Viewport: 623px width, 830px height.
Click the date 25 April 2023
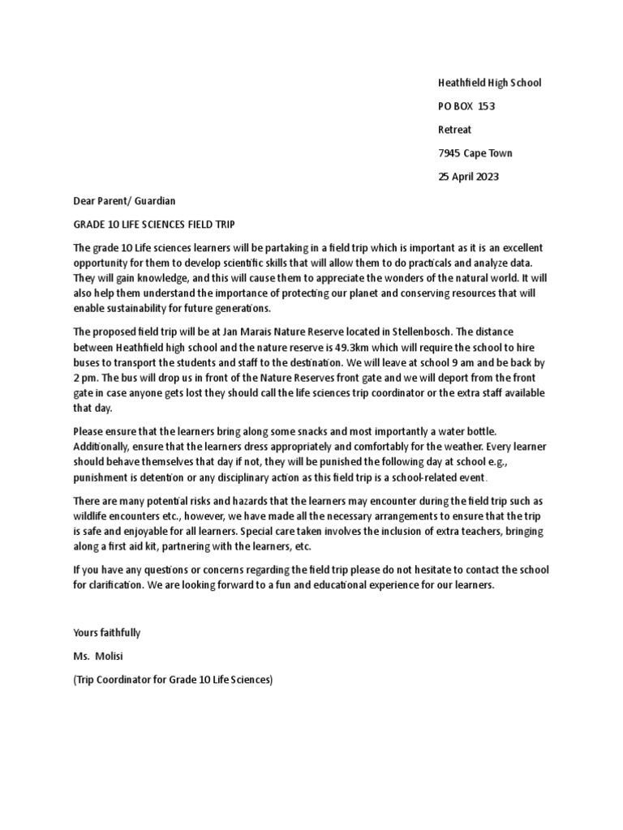click(x=469, y=176)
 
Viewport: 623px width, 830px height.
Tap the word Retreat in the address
click(x=454, y=129)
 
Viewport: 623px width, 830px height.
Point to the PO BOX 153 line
click(x=466, y=105)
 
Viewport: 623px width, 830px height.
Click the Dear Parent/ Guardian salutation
click(x=124, y=200)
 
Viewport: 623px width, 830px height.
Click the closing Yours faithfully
click(x=107, y=632)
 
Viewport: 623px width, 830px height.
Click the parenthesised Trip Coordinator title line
click(x=173, y=680)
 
